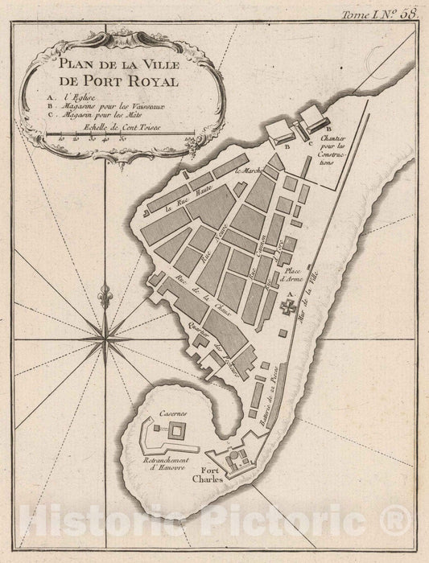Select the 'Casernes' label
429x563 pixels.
(x=173, y=413)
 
